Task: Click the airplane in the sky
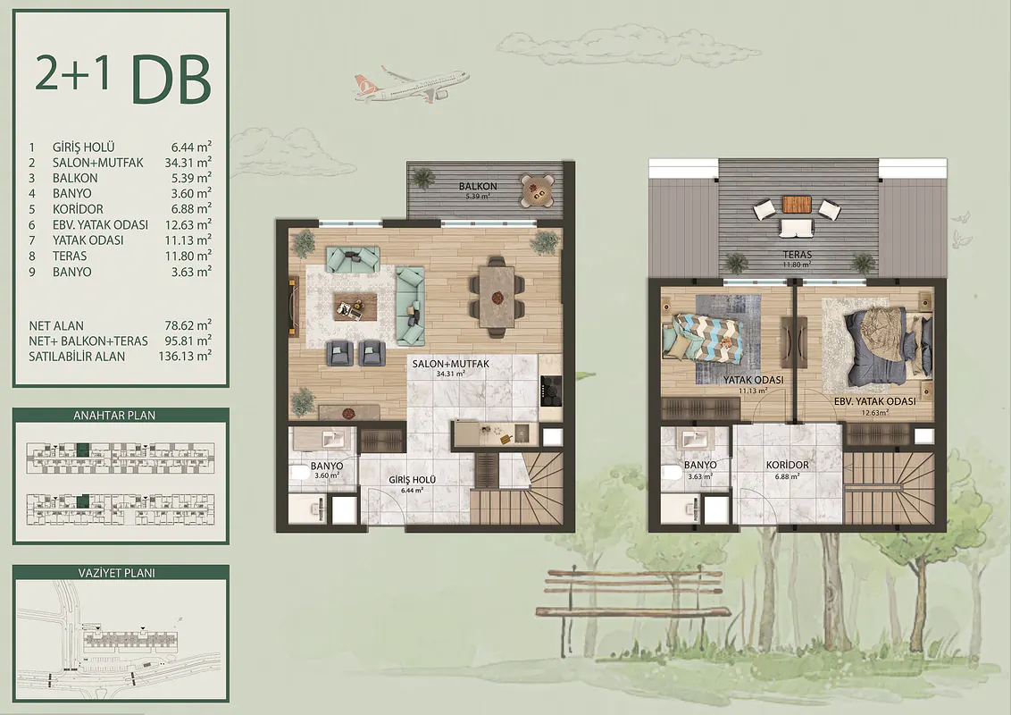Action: click(x=411, y=84)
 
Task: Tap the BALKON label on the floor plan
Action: click(x=478, y=187)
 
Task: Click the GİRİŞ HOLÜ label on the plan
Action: click(x=413, y=480)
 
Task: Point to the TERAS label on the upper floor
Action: click(x=797, y=255)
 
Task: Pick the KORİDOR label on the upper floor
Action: click(x=787, y=466)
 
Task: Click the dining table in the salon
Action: click(x=497, y=297)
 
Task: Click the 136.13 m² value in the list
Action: click(x=185, y=357)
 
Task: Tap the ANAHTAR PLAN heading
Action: click(x=114, y=416)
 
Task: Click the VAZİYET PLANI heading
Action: click(x=118, y=573)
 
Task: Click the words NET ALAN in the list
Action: click(x=56, y=326)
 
